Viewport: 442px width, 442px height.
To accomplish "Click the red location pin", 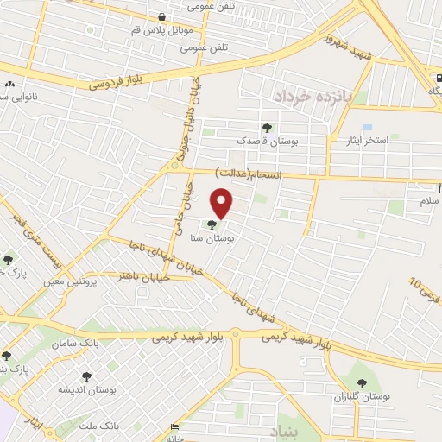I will [223, 202].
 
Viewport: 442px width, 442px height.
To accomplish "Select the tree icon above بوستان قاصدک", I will [266, 127].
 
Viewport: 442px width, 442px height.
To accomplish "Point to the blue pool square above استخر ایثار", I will [368, 127].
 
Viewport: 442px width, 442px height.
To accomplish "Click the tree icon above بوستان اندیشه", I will [86, 376].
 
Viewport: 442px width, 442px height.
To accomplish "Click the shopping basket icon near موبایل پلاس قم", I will [161, 16].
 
